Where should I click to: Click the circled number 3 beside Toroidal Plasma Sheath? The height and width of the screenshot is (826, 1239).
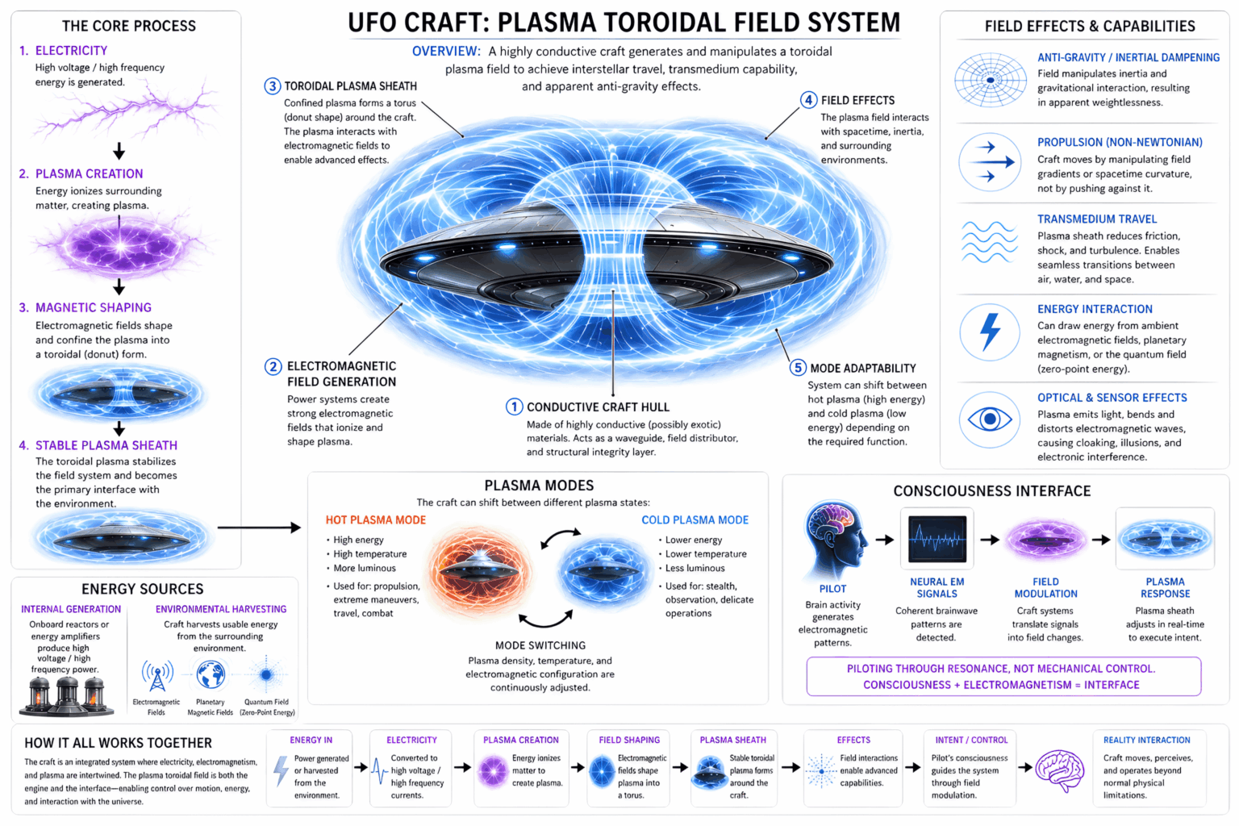pyautogui.click(x=273, y=86)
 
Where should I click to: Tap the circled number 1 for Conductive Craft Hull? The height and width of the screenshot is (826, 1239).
pyautogui.click(x=514, y=407)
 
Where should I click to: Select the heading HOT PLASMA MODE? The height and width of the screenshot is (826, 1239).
pyautogui.click(x=375, y=520)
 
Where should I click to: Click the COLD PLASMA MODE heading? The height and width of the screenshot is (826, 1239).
pyautogui.click(x=695, y=520)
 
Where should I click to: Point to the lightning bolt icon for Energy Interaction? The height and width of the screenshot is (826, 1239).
pyautogui.click(x=990, y=332)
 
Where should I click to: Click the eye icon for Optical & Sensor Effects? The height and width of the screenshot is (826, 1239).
pyautogui.click(x=990, y=419)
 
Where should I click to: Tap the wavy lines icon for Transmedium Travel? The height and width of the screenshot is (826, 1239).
pyautogui.click(x=990, y=242)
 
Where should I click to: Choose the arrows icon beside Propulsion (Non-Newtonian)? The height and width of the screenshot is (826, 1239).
pyautogui.click(x=990, y=161)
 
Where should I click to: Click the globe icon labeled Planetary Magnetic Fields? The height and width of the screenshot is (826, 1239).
pyautogui.click(x=211, y=674)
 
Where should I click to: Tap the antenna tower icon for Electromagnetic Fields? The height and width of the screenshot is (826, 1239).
pyautogui.click(x=157, y=676)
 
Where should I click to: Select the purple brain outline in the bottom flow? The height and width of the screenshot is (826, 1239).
pyautogui.click(x=1059, y=767)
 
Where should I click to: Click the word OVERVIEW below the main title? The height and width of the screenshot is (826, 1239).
pyautogui.click(x=446, y=52)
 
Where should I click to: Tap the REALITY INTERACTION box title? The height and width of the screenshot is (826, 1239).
pyautogui.click(x=1146, y=740)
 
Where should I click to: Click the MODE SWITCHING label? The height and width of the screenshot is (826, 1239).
pyautogui.click(x=540, y=645)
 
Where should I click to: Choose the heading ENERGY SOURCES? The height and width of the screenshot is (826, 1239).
pyautogui.click(x=142, y=590)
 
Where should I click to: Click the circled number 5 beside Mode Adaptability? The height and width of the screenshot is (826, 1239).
pyautogui.click(x=798, y=368)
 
